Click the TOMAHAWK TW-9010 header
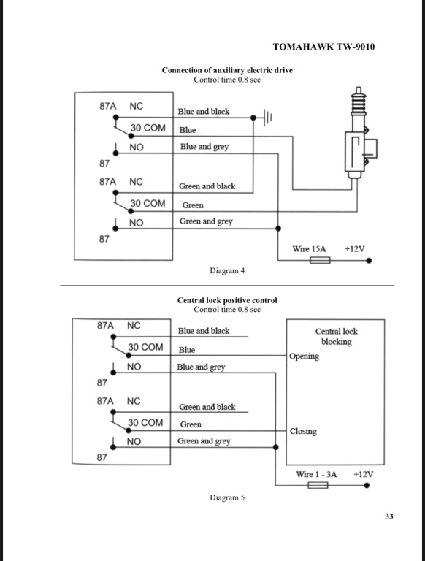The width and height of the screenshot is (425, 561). click(323, 47)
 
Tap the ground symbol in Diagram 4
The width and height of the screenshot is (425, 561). click(267, 118)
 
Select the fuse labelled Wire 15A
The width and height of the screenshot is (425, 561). click(320, 260)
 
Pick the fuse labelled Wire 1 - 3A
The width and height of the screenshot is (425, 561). click(318, 485)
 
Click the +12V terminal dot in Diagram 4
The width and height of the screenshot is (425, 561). click(369, 261)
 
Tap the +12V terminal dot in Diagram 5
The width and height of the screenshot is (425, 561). click(367, 485)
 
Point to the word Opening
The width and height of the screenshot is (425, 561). click(304, 356)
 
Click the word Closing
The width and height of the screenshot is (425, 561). click(303, 431)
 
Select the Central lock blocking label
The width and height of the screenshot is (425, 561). click(337, 336)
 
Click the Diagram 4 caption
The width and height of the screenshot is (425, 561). click(227, 270)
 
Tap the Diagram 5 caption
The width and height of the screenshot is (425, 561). click(227, 497)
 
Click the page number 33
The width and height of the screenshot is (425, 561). click(389, 516)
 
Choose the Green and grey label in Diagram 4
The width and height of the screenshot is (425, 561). click(206, 221)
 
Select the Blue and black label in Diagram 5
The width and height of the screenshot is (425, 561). click(204, 331)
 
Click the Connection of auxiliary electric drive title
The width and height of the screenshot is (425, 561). click(227, 70)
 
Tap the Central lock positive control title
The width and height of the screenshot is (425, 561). click(227, 300)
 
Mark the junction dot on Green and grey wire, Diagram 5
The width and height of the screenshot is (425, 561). click(275, 447)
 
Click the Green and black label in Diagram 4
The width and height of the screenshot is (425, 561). click(207, 186)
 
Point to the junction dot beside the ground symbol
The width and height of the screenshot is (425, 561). click(253, 118)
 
